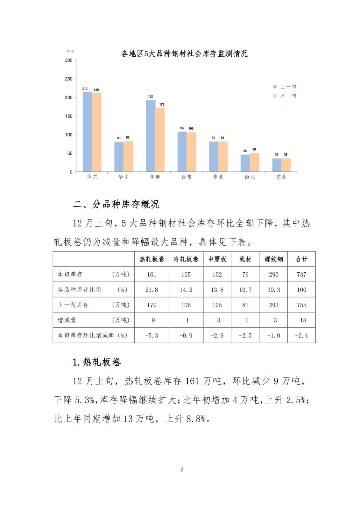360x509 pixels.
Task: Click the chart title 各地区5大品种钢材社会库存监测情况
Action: click(x=184, y=53)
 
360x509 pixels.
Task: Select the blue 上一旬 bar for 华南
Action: click(x=151, y=136)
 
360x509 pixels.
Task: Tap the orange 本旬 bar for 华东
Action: click(x=97, y=132)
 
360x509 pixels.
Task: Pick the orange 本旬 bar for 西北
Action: click(x=254, y=162)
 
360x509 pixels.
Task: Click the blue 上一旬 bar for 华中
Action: click(x=119, y=157)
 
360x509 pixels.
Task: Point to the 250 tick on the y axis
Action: click(x=69, y=79)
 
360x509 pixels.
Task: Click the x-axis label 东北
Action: click(x=281, y=177)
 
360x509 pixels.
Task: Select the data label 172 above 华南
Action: click(x=162, y=104)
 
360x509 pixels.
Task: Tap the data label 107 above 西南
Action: click(x=182, y=128)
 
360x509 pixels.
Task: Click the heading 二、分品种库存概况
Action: click(x=116, y=204)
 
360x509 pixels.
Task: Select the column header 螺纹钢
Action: click(x=274, y=259)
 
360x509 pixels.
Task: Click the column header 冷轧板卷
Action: click(x=186, y=259)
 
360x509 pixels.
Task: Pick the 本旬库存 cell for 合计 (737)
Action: click(x=301, y=275)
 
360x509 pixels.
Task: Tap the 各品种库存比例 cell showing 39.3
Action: click(x=274, y=290)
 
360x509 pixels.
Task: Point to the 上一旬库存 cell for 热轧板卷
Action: click(x=152, y=305)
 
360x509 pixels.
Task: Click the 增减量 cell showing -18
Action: click(x=301, y=320)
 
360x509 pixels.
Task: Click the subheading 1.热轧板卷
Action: click(x=97, y=362)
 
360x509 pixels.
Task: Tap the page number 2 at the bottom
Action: click(x=181, y=470)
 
